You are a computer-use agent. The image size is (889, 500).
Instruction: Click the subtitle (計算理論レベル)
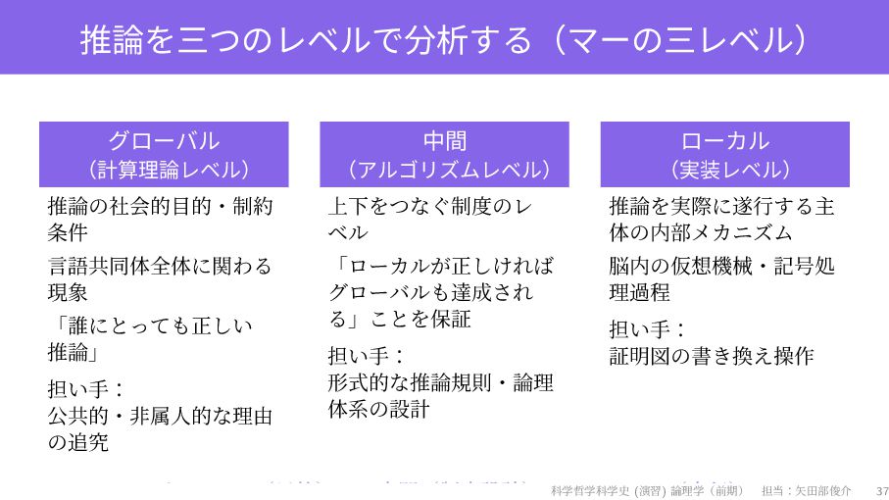pyautogui.click(x=164, y=170)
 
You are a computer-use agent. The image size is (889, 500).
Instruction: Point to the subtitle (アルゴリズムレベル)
pyautogui.click(x=444, y=170)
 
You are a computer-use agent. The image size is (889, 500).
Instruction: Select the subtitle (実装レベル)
pyautogui.click(x=724, y=170)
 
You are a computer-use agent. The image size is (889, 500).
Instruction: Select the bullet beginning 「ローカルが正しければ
pyautogui.click(x=440, y=291)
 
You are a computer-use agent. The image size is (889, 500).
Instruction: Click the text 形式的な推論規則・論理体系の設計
pyautogui.click(x=440, y=395)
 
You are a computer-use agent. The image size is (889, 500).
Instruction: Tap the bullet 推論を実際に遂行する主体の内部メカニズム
pyautogui.click(x=721, y=220)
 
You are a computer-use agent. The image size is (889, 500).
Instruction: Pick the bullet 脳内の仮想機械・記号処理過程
pyautogui.click(x=721, y=278)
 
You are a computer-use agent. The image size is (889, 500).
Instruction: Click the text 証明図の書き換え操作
pyautogui.click(x=712, y=356)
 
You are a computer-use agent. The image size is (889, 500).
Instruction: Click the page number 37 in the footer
pyautogui.click(x=881, y=489)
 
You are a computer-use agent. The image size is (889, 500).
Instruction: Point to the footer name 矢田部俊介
pyautogui.click(x=823, y=489)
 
